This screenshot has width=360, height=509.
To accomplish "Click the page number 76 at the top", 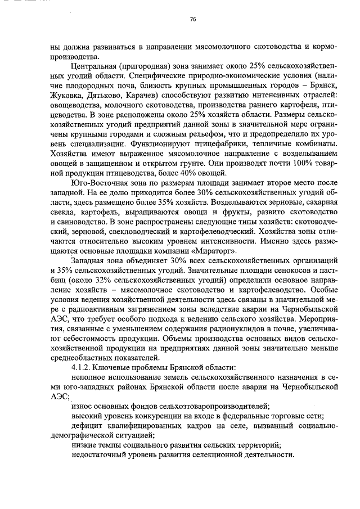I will [x=193, y=19].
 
